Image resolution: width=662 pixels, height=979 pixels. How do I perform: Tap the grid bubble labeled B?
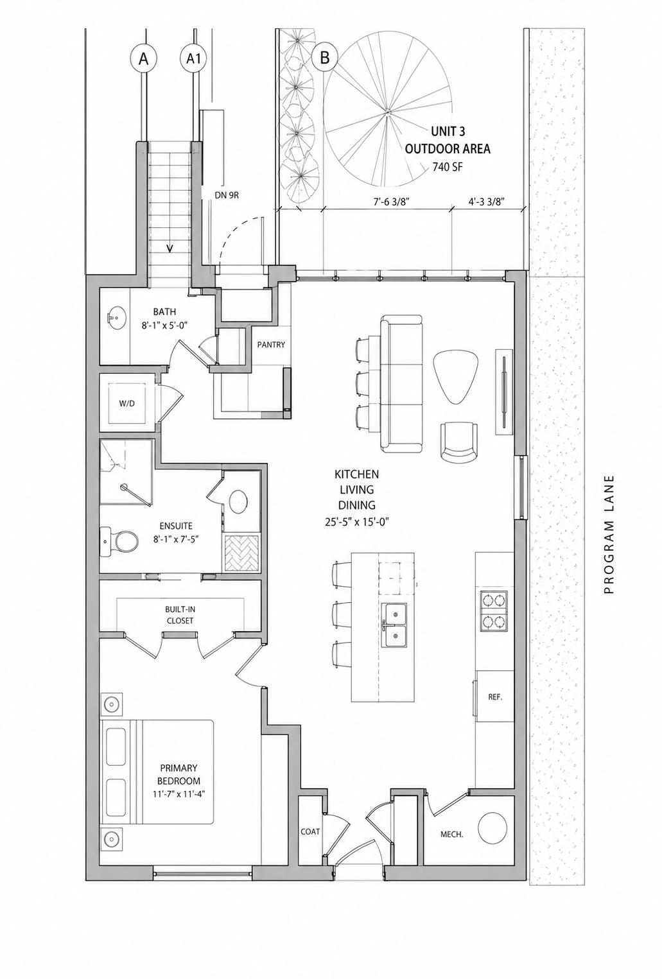pos(325,58)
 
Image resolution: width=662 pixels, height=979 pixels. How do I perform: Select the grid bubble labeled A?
pos(144,59)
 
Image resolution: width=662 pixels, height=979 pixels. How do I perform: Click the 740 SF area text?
pos(447,168)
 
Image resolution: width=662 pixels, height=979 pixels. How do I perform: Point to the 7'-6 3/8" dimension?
pos(391,201)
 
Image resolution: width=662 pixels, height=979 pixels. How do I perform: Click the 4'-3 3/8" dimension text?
pos(486,201)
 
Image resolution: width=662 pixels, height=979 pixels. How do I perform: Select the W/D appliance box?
pos(127,403)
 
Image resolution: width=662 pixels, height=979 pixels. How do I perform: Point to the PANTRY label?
pos(271,345)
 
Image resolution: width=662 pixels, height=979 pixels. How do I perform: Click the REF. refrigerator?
pos(494,697)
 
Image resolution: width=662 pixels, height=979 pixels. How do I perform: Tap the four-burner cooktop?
pos(494,611)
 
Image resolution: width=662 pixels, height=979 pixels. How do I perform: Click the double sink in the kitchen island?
pos(397,625)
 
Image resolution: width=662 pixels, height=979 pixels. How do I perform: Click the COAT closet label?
pos(310,831)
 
